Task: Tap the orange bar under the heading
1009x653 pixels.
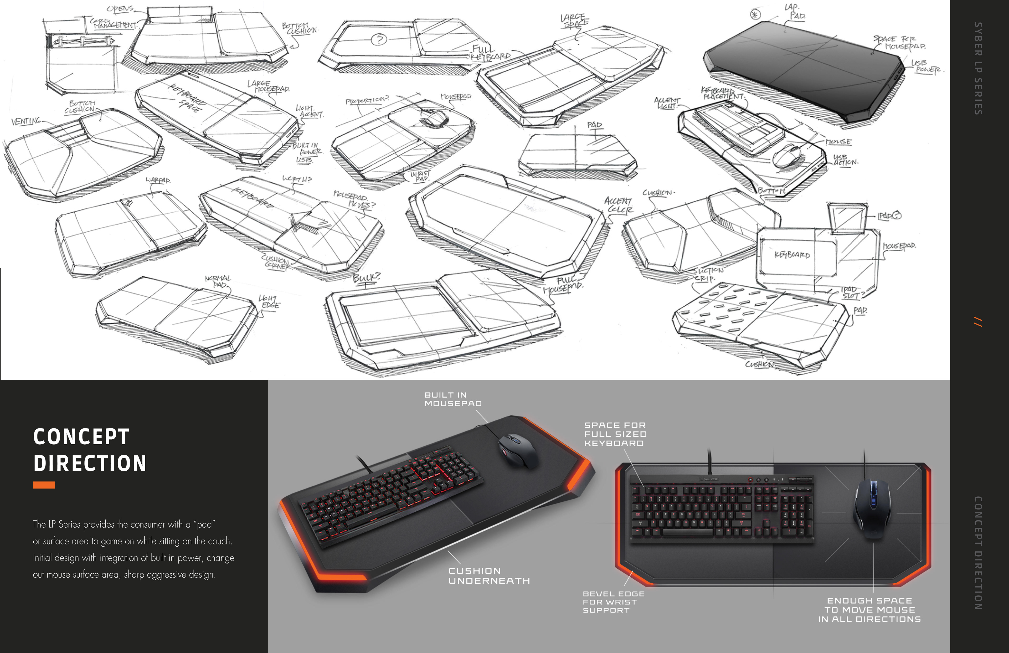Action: (x=44, y=485)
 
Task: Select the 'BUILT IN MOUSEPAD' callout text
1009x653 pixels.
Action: (x=453, y=399)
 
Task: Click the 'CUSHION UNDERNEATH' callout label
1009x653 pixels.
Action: (x=489, y=576)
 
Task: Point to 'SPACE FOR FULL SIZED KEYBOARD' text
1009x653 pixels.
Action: (x=615, y=434)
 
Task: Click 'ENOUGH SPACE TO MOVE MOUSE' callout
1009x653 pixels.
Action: (x=869, y=610)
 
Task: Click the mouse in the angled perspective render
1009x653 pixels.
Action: (x=518, y=451)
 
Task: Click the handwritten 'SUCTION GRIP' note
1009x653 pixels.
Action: (x=708, y=274)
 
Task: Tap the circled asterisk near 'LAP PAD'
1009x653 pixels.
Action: (x=755, y=15)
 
